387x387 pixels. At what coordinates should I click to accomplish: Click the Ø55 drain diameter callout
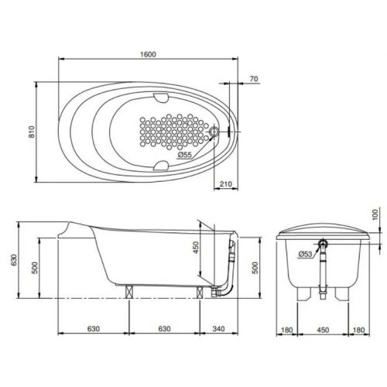point(184,155)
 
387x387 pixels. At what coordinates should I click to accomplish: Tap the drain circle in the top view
point(215,132)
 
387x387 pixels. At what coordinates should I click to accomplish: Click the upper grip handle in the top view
point(162,98)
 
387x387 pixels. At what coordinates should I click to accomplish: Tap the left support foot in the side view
point(130,293)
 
